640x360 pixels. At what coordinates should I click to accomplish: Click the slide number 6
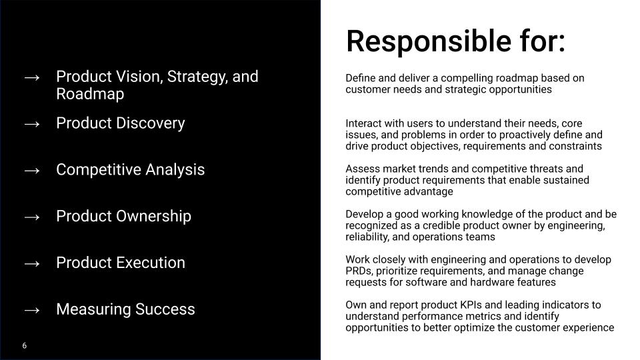(25, 346)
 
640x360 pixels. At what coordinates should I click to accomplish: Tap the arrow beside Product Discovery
(32, 123)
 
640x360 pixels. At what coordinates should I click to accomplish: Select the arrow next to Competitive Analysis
(32, 170)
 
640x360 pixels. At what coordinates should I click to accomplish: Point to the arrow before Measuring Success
(32, 309)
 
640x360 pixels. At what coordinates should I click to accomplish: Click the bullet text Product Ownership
(123, 216)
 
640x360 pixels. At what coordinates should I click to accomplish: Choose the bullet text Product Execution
(120, 263)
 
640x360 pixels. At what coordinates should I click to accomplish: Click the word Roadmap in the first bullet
(90, 94)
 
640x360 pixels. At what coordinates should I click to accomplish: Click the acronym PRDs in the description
(359, 271)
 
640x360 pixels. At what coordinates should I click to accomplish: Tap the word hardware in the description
(494, 282)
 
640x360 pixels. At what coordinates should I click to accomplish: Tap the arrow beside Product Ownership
(32, 217)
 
